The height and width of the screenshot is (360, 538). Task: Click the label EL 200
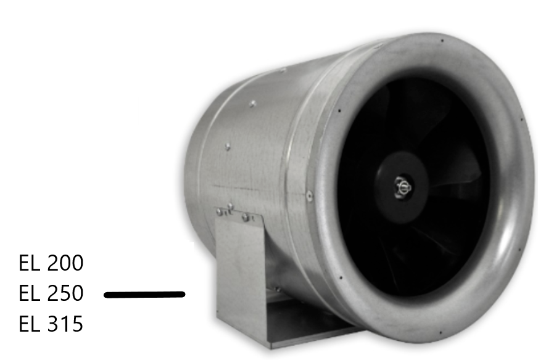[x=51, y=264]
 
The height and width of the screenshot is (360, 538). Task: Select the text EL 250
[x=51, y=293]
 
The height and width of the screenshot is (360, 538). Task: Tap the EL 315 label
[x=51, y=324]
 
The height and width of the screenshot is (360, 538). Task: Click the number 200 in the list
[x=65, y=264]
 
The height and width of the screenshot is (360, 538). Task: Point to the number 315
[x=65, y=324]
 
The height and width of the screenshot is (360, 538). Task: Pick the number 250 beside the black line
[x=65, y=293]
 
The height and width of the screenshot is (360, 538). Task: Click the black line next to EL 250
[x=145, y=295]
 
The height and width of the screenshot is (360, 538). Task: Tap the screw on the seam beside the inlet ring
[x=309, y=196]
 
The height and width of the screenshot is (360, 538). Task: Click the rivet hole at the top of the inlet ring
[x=442, y=41]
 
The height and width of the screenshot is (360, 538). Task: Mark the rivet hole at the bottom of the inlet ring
[x=442, y=333]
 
